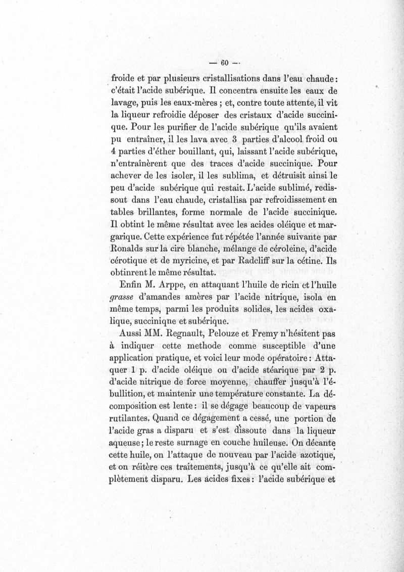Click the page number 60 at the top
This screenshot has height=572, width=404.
pyautogui.click(x=223, y=63)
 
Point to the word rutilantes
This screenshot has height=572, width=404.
pyautogui.click(x=132, y=418)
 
